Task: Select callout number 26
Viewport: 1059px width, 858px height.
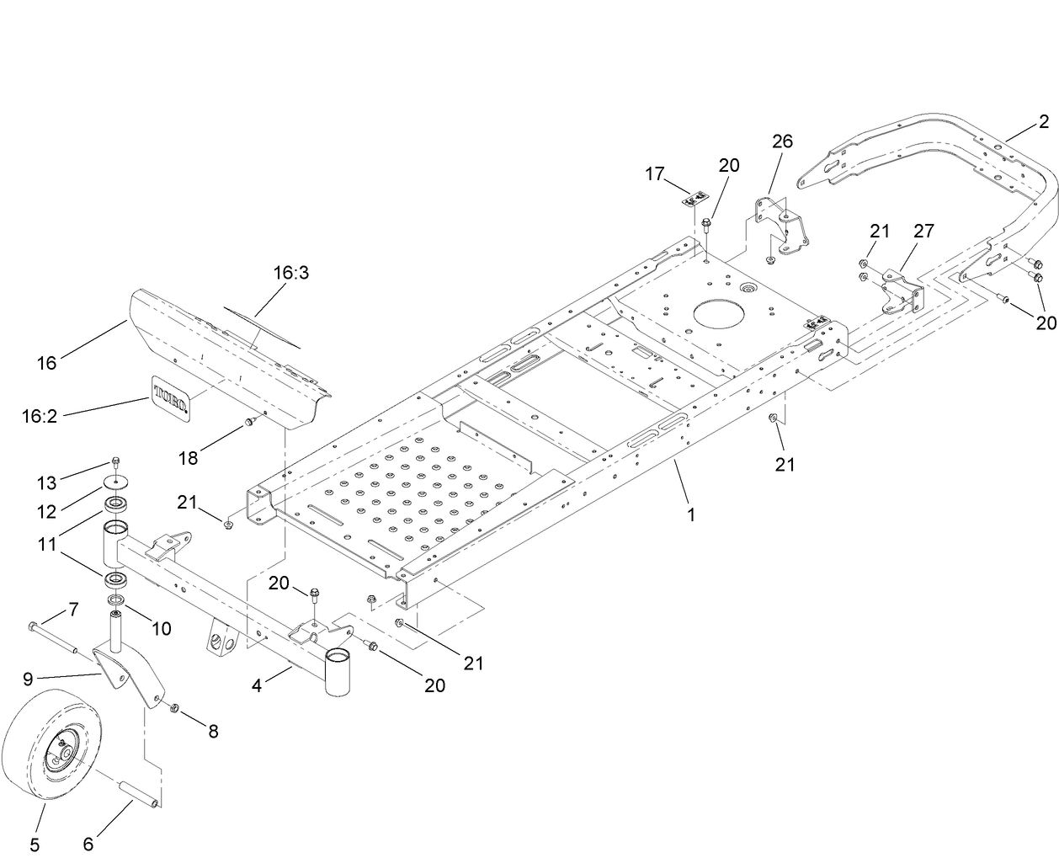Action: pyautogui.click(x=782, y=141)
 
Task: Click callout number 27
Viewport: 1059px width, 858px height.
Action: pyautogui.click(x=923, y=231)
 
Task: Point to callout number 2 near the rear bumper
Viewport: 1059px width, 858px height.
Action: pyautogui.click(x=1043, y=121)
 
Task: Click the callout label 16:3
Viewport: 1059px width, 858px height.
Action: pyautogui.click(x=291, y=273)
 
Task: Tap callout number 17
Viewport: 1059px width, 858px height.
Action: pyautogui.click(x=655, y=174)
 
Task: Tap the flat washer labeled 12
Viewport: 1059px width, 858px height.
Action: pyautogui.click(x=115, y=482)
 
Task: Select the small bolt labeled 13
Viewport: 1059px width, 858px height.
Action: pyautogui.click(x=115, y=461)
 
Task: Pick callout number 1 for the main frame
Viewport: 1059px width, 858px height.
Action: pyautogui.click(x=690, y=514)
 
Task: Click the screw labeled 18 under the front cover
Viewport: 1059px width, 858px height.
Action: pyautogui.click(x=249, y=421)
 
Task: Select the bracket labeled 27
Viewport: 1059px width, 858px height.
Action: pyautogui.click(x=901, y=295)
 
